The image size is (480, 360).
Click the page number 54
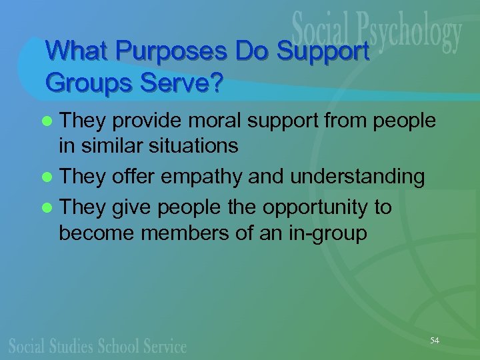435,341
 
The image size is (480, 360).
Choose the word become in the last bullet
93,234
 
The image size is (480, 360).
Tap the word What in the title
71,51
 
